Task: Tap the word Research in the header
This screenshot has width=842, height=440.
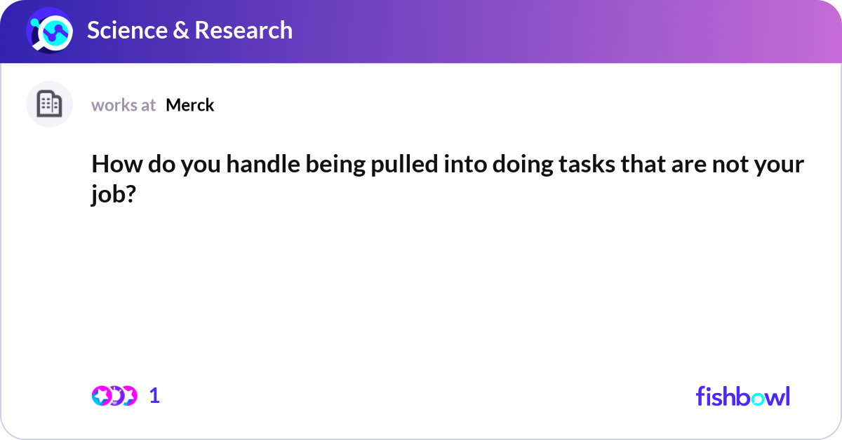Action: [243, 30]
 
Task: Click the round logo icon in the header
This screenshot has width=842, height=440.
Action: [48, 30]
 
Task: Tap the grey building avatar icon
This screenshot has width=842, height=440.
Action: [49, 104]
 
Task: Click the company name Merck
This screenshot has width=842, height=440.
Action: [189, 105]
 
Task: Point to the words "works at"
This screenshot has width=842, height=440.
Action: [123, 105]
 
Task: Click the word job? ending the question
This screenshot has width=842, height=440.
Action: [113, 195]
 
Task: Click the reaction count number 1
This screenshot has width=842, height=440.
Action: [154, 396]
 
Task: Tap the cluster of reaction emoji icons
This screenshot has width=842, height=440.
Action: [114, 396]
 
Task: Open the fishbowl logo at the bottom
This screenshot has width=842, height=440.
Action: [742, 396]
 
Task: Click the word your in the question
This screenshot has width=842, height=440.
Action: [778, 165]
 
